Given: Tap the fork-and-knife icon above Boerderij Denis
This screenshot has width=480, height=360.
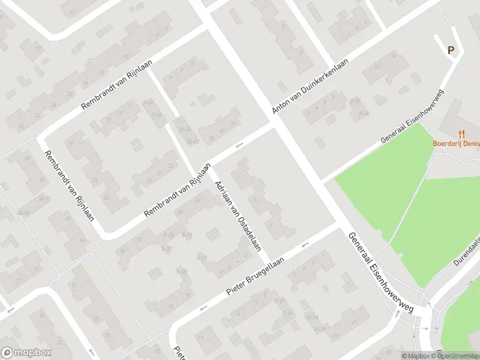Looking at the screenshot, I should (461, 134).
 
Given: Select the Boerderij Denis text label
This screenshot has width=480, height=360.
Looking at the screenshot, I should (456, 144).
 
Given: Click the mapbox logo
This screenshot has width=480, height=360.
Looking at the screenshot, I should (26, 353).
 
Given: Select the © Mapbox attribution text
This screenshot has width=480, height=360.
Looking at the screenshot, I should (416, 356).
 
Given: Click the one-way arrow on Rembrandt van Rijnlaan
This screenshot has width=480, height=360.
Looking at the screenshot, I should (239, 145).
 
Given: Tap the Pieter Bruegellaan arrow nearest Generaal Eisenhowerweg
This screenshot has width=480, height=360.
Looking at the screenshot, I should (305, 244).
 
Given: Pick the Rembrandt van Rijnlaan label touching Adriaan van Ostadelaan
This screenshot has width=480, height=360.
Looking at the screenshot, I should (178, 190).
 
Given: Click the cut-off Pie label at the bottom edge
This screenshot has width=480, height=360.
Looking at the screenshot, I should (178, 352).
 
